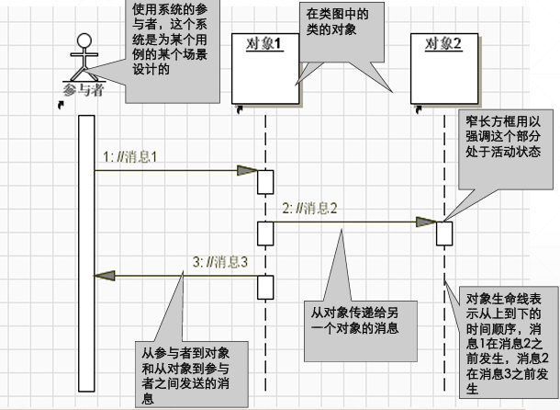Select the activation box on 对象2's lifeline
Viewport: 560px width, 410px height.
pyautogui.click(x=444, y=233)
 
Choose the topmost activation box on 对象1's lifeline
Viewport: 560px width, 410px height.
pyautogui.click(x=264, y=181)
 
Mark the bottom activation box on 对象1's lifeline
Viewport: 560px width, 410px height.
pyautogui.click(x=264, y=287)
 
